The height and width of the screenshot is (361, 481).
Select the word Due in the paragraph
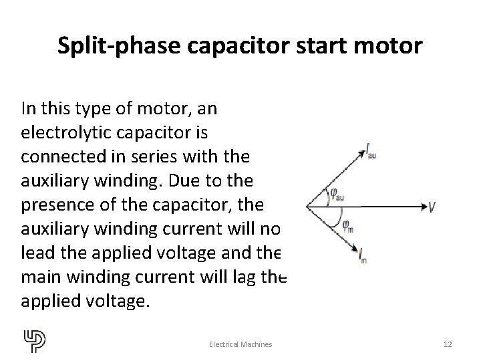(198, 181)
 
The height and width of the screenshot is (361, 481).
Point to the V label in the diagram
(433, 207)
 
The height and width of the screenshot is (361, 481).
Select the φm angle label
(347, 225)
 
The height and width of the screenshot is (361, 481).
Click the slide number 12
(448, 344)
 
